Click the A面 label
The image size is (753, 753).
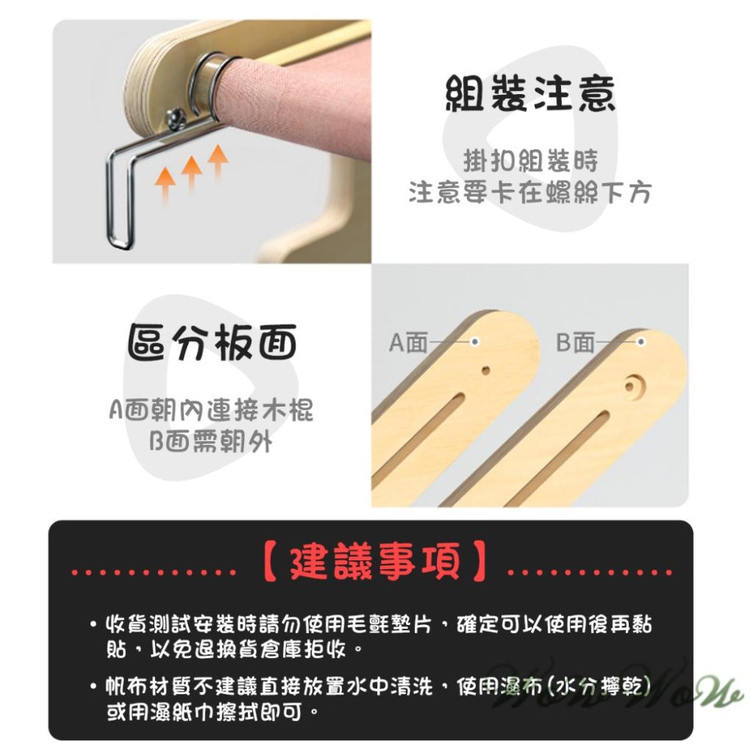(x=407, y=343)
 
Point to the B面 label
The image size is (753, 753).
(x=575, y=343)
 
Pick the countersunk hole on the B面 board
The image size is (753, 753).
(x=630, y=386)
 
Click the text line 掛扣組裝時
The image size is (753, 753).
(x=530, y=161)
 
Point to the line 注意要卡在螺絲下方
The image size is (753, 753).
(x=529, y=193)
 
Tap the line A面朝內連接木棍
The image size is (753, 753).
(x=211, y=411)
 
